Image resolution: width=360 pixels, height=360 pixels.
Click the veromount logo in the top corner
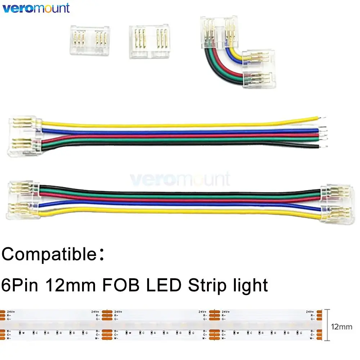[36, 8]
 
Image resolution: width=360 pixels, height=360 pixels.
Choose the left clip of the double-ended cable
[22, 200]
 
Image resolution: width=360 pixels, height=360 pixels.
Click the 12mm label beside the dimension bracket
[341, 327]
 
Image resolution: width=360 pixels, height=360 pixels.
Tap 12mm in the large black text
[73, 285]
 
